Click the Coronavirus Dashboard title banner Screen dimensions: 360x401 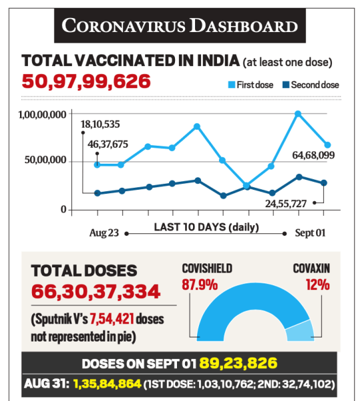[180, 25]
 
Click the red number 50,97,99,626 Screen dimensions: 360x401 [86, 82]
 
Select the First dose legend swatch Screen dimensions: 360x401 [232, 85]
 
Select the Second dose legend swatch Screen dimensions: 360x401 [286, 85]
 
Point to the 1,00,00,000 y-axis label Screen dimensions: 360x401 [43, 114]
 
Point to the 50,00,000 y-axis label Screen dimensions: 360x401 [45, 160]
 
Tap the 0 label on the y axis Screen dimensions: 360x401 [63, 209]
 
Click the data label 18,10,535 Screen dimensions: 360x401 [100, 124]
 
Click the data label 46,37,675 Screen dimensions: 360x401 [108, 144]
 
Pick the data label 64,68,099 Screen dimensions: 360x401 [313, 155]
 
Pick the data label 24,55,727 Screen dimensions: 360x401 [286, 204]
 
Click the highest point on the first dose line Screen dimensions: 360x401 [298, 114]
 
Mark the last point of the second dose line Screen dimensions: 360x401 [324, 183]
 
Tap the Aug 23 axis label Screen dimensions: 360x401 [104, 233]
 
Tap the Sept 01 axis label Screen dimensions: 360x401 [310, 233]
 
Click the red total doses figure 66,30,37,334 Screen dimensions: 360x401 [96, 291]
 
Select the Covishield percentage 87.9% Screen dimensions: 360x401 [200, 285]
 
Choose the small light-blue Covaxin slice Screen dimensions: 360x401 [301, 331]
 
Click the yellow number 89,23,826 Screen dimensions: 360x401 [238, 363]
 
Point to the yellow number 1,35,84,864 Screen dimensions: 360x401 [108, 384]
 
